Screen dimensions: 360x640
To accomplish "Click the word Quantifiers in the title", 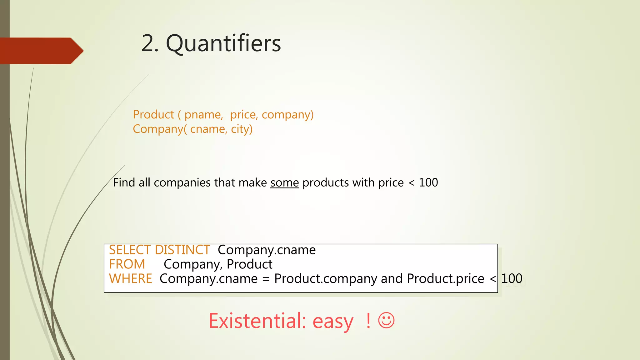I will (223, 43).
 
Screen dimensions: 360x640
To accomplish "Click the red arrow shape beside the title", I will (41, 51).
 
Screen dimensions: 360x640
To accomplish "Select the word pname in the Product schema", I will (203, 115).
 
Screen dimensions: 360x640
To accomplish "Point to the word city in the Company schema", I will (241, 129).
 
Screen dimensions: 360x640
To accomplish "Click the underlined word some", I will (284, 183).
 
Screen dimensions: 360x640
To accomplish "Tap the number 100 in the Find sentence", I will (428, 182).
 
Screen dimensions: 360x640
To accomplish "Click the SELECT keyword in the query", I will (130, 250).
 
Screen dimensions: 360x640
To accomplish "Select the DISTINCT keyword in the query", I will (182, 250).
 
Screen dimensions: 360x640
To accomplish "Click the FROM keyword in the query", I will (127, 264).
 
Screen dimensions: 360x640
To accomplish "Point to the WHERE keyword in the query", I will (130, 278).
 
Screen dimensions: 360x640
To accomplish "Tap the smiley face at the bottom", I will (386, 320).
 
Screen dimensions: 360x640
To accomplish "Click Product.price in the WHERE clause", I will (445, 278).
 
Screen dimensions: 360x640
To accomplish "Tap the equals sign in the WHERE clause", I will (266, 279).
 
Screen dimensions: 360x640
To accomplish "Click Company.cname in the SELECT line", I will (267, 250).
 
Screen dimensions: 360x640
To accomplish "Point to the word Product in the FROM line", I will (249, 264).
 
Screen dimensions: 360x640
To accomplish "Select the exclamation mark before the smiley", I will (368, 320).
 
